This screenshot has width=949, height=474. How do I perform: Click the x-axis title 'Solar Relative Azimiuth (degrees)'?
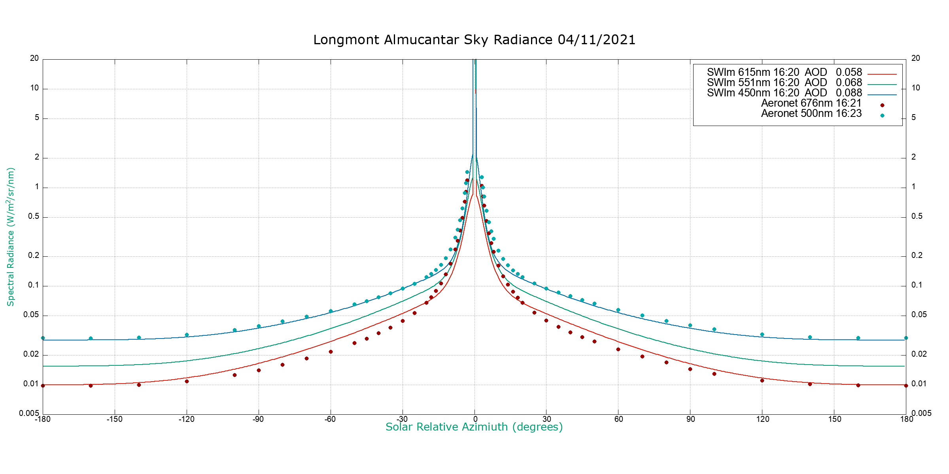click(x=474, y=427)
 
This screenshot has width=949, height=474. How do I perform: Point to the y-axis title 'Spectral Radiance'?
click(x=11, y=237)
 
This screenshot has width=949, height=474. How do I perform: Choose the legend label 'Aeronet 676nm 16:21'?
click(x=811, y=103)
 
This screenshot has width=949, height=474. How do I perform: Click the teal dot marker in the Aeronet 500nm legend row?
click(x=882, y=115)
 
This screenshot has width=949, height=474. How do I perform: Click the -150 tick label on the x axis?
click(x=115, y=419)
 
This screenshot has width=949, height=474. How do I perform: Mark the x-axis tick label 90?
click(x=690, y=419)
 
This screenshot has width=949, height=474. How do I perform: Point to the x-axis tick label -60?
click(x=330, y=419)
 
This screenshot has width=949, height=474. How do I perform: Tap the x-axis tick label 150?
click(x=835, y=419)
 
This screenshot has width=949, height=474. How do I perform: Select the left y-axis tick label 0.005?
click(x=29, y=413)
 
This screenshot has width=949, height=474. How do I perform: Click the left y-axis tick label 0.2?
click(x=34, y=256)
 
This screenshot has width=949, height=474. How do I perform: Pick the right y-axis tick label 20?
click(x=915, y=58)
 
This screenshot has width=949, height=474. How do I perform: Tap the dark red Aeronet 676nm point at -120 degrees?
click(x=187, y=381)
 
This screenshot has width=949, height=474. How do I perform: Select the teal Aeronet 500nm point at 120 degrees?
click(x=762, y=335)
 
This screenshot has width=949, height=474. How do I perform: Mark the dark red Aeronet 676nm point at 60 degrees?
click(x=618, y=349)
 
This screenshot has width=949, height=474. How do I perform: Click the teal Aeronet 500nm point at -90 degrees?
click(x=259, y=326)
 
